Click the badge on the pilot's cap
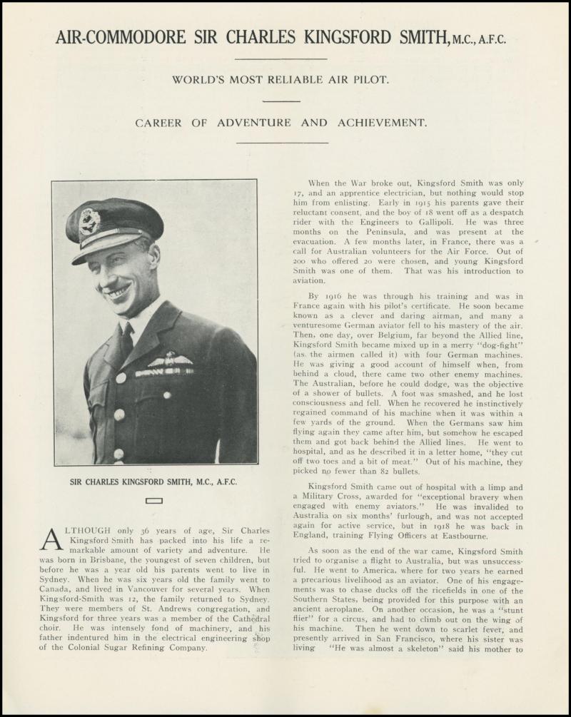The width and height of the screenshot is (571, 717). pos(90,220)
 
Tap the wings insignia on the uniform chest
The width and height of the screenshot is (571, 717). pos(170,361)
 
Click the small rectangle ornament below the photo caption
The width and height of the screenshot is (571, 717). pos(153,501)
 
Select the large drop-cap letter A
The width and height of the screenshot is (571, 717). pos(52,539)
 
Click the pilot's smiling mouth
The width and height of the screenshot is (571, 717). pos(118,293)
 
